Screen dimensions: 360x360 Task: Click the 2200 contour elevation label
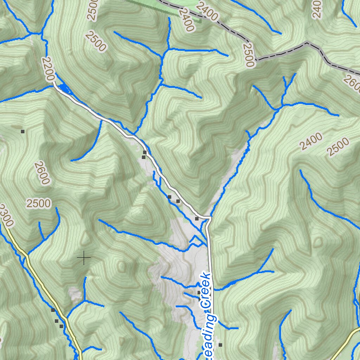(x=49, y=70)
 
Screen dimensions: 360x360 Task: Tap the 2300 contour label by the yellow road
(x=6, y=216)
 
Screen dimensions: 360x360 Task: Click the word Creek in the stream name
(x=207, y=290)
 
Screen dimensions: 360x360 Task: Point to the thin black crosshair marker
(x=84, y=258)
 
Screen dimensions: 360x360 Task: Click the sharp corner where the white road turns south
(x=210, y=218)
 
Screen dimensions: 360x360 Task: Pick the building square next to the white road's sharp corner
(x=197, y=219)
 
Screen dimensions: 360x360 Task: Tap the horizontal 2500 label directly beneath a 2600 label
(x=38, y=203)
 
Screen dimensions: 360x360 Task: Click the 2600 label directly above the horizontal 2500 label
(x=42, y=173)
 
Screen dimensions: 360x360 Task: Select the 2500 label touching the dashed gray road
(x=248, y=55)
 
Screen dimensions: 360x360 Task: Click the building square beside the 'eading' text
(x=220, y=345)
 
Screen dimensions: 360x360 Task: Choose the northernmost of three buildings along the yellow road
(x=53, y=310)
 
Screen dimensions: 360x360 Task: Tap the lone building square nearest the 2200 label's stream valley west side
(x=22, y=131)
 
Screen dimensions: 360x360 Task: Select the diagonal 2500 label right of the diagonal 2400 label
(x=338, y=147)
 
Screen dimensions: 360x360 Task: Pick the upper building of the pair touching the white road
(x=144, y=152)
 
